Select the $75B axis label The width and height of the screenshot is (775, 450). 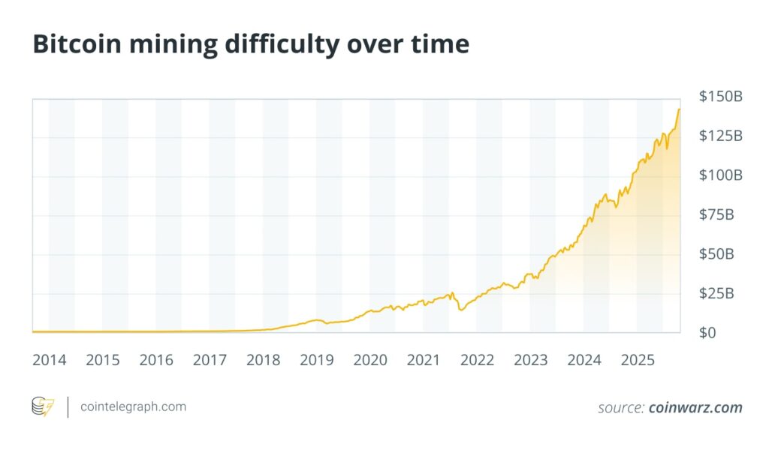pos(716,214)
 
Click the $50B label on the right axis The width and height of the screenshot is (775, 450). pos(716,253)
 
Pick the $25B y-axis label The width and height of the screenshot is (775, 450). pos(716,292)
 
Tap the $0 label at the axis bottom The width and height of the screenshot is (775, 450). pos(707,331)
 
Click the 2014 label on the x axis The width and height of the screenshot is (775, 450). pos(49,360)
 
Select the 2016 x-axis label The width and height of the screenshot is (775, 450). pos(156,360)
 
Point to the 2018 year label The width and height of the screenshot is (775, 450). pos(263,360)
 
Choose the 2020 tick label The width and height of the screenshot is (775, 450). pos(370,360)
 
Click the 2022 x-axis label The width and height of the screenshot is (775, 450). pos(477,360)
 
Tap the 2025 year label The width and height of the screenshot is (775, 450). pos(638,360)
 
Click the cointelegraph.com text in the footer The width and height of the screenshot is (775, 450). pos(133,406)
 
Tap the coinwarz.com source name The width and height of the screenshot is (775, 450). pos(695,408)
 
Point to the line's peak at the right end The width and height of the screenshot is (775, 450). pos(679,109)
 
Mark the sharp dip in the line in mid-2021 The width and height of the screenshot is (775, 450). pos(460,309)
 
